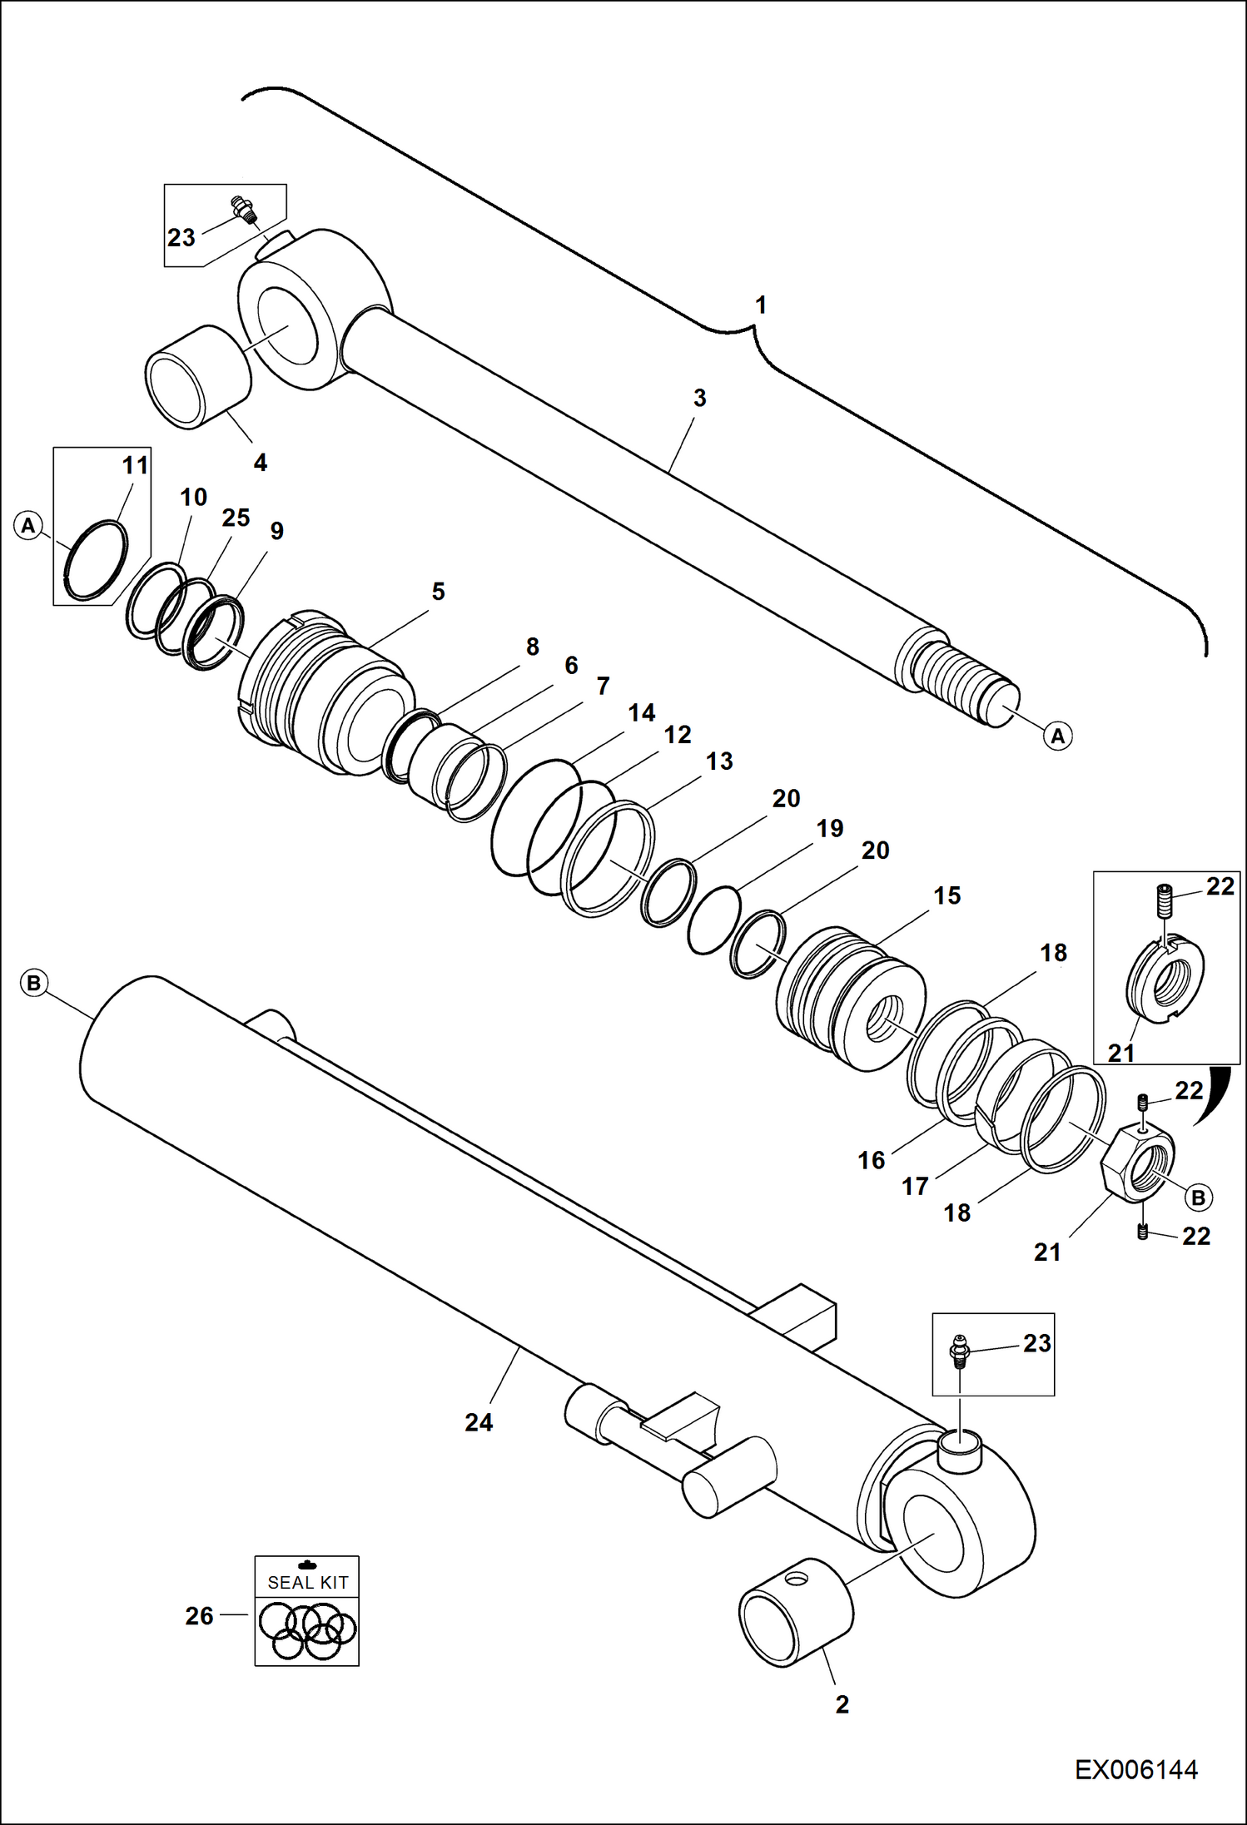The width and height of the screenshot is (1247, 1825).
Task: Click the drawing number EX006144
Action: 1135,1769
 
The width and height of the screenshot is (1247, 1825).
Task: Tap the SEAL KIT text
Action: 307,1582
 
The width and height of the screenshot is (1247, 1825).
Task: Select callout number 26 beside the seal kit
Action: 200,1615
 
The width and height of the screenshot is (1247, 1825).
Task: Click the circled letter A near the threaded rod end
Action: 1057,736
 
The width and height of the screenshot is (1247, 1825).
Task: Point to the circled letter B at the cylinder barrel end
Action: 33,983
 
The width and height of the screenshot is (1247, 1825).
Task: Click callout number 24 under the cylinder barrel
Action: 479,1422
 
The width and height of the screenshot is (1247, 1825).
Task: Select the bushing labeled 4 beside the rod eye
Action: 198,377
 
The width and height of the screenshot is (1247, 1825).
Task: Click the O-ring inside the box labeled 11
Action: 97,560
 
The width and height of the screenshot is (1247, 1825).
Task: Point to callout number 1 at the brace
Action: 760,305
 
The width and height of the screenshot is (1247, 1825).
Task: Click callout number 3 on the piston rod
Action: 699,398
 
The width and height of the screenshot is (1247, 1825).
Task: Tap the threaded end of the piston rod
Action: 957,682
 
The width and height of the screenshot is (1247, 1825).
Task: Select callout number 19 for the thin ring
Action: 830,828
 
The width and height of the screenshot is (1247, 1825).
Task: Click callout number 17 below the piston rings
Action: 915,1186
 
